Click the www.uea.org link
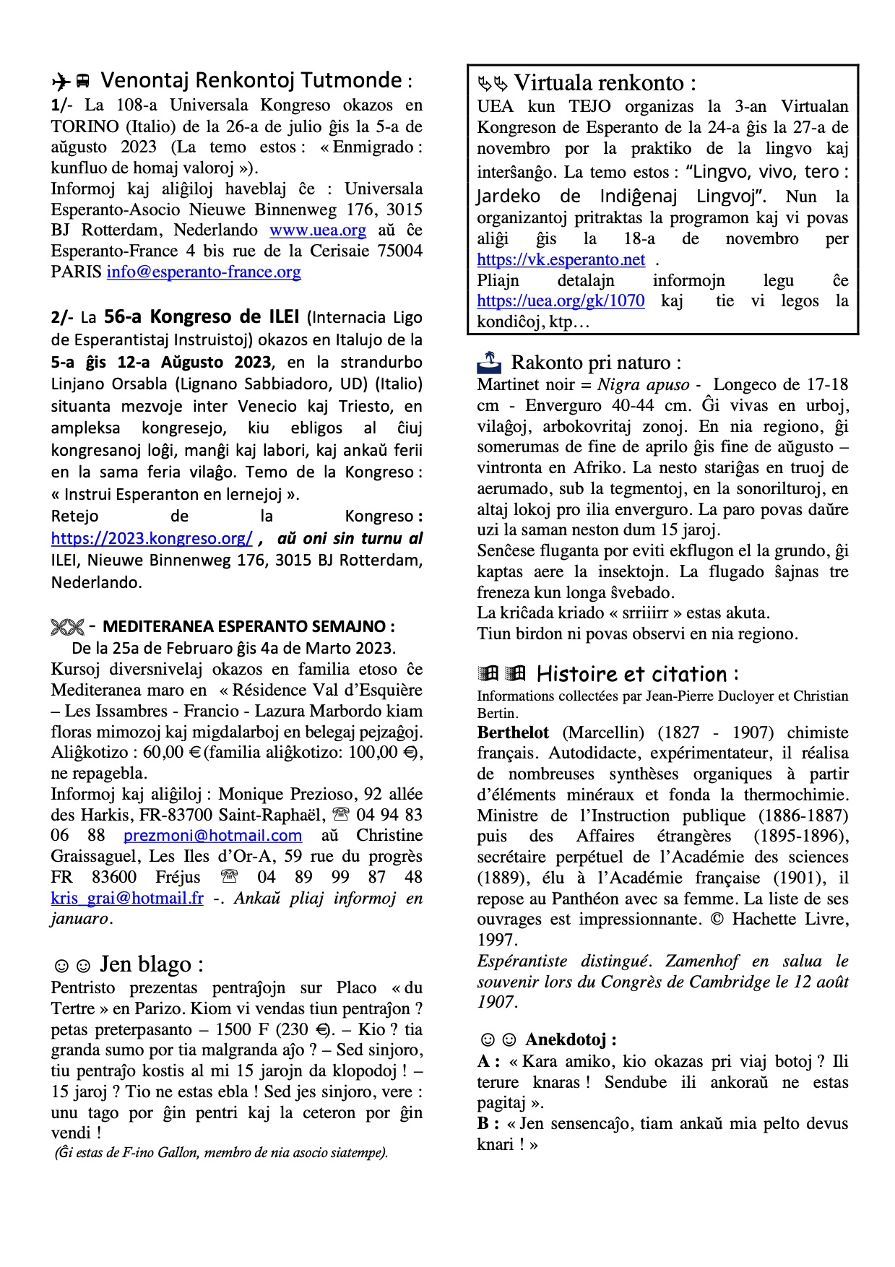[318, 230]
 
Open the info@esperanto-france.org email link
[204, 272]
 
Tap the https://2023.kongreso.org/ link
[152, 538]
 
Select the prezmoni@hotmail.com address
[212, 836]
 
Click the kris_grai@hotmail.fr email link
[127, 899]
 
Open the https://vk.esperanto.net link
[561, 260]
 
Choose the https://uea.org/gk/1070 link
[561, 301]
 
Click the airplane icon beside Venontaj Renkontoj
[61, 82]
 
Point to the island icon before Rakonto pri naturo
[489, 362]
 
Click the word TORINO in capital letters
[85, 126]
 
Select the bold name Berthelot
[513, 732]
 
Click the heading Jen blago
[151, 964]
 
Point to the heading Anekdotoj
[570, 1039]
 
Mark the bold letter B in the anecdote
[483, 1124]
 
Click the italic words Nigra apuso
[643, 385]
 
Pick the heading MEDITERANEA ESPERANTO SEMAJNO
[248, 626]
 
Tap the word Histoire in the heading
[579, 675]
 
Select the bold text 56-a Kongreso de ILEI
[202, 317]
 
